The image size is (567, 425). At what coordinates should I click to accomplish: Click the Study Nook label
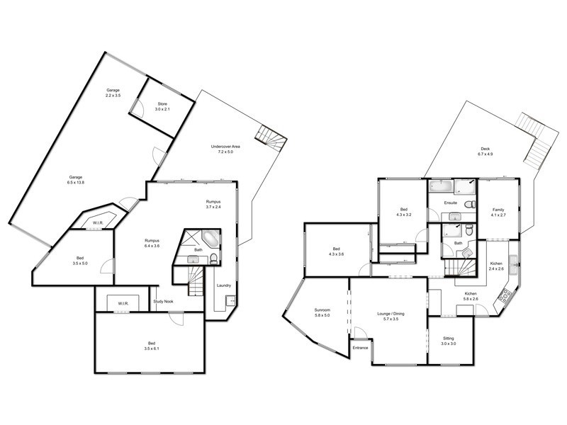(x=164, y=302)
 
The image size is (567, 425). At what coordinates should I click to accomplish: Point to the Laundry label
(x=224, y=285)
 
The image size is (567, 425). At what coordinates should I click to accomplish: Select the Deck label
(x=485, y=149)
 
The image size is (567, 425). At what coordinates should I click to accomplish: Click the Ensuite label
(x=451, y=203)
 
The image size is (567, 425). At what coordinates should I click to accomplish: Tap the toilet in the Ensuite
(x=469, y=205)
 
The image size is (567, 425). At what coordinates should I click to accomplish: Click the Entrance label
(x=361, y=348)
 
